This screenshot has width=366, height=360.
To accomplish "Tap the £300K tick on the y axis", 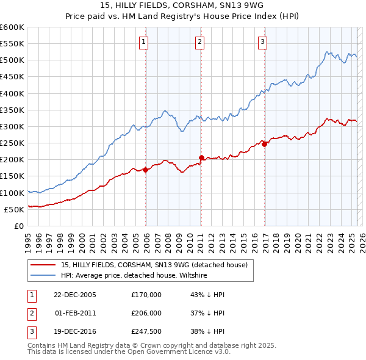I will coord(13,126).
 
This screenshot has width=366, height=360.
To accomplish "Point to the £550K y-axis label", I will coord(13,44).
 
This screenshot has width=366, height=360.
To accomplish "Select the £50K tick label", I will coord(15,209).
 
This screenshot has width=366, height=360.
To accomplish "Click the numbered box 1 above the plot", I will coord(143,41).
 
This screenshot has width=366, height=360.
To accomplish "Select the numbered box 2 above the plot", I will coord(199,41).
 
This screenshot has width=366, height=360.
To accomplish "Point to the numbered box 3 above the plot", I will coord(262,41).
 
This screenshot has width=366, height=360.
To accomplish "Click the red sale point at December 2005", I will coord(146,170).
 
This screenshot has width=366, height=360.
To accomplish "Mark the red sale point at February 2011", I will coord(201,157).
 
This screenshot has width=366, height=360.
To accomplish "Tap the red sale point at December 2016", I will coord(265,144).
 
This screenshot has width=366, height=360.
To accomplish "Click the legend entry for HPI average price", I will coord(134,275).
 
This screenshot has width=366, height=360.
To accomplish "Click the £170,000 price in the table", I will coord(146,295).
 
